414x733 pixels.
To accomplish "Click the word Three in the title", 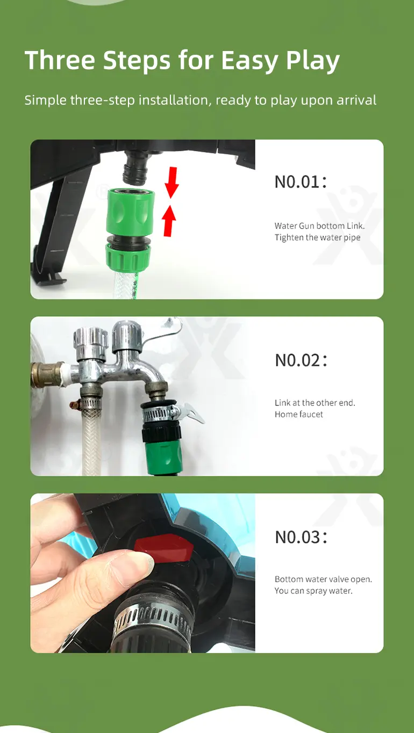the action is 60,60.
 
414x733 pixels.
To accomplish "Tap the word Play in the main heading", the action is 313,61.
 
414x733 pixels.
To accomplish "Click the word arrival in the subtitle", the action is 356,100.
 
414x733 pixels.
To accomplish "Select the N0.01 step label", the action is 301,182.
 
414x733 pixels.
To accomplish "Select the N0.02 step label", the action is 301,360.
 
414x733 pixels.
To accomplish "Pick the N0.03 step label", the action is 301,537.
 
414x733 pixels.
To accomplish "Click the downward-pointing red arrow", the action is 172,183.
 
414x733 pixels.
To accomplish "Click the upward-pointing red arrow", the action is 169,221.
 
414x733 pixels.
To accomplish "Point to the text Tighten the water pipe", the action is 317,237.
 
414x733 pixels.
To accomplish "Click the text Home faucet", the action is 299,414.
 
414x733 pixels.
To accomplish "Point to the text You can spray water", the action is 313,591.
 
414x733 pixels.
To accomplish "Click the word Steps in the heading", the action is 137,61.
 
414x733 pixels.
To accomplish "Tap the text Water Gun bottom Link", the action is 319,226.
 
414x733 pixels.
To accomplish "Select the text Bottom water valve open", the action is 323,579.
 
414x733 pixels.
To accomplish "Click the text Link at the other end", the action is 315,403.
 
